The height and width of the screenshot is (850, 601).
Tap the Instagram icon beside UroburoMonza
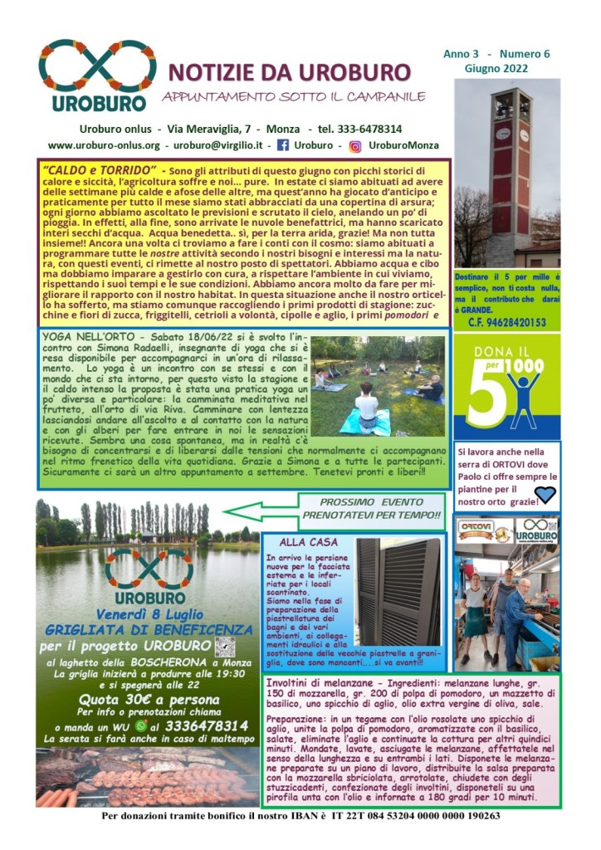pos(355,145)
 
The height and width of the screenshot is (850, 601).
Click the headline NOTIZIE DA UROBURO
pos(291,72)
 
